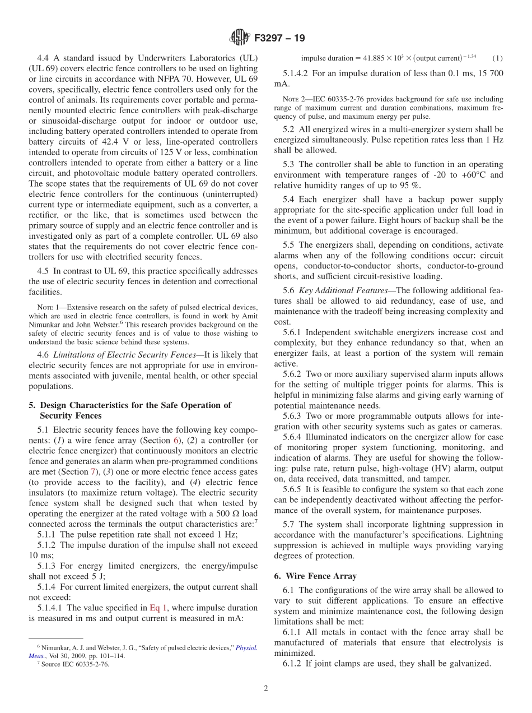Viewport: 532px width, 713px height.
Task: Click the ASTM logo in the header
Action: click(239, 38)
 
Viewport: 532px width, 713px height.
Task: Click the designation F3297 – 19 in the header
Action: click(279, 39)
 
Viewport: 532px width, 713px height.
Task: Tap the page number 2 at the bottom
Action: click(266, 688)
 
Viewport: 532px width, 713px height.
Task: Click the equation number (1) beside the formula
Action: click(497, 58)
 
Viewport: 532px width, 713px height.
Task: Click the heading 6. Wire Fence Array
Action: click(315, 576)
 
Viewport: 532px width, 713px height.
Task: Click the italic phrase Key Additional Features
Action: click(343, 290)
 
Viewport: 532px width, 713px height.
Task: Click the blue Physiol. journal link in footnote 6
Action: click(246, 647)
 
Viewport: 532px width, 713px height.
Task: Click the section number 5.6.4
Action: click(293, 437)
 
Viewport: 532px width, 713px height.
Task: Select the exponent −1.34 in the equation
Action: click(469, 55)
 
